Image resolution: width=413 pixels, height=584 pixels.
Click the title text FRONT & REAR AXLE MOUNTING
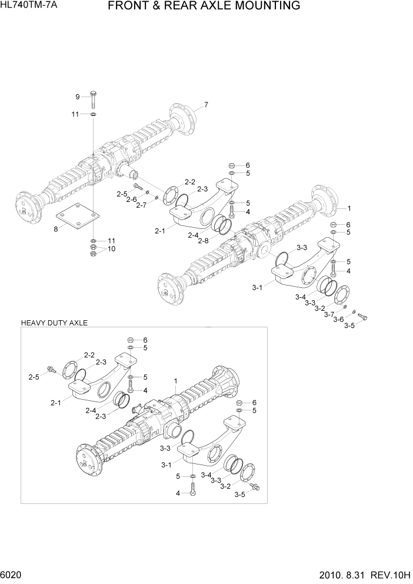tap(204, 6)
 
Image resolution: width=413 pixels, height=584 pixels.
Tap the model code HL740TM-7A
tap(25, 6)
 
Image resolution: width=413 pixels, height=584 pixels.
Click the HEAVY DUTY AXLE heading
tap(54, 323)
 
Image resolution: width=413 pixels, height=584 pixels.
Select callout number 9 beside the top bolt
tap(76, 97)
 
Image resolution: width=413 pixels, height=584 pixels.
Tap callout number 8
tap(56, 230)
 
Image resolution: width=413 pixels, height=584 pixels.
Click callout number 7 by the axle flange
tap(206, 105)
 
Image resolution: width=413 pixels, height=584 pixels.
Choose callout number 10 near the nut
tap(112, 248)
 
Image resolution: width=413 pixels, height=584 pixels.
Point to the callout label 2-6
tap(131, 199)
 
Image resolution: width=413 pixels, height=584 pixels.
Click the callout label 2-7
tap(141, 205)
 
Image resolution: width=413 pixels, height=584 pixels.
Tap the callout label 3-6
tap(338, 320)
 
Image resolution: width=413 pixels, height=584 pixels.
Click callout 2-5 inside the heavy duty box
tap(34, 376)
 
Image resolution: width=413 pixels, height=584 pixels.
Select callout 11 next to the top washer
tap(75, 114)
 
